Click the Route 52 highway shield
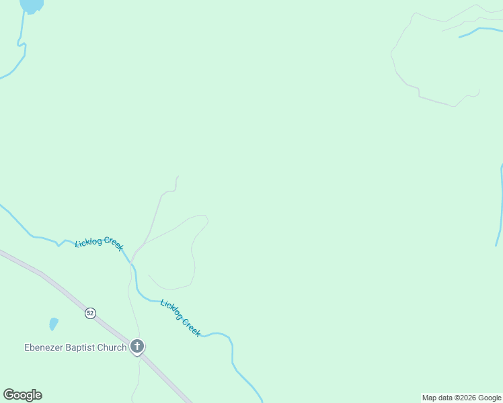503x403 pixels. coord(90,313)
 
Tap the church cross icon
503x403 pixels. coord(137,347)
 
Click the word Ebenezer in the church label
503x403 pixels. coord(43,347)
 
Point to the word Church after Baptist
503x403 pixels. coord(112,347)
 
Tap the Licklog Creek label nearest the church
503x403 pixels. coord(180,318)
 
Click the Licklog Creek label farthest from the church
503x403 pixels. coord(99,243)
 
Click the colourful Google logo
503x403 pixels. coord(22,395)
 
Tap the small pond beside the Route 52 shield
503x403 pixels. coord(53,324)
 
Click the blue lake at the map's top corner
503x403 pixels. coord(32,5)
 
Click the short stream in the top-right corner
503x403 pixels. coord(479,30)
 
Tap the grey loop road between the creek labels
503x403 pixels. coord(193,255)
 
